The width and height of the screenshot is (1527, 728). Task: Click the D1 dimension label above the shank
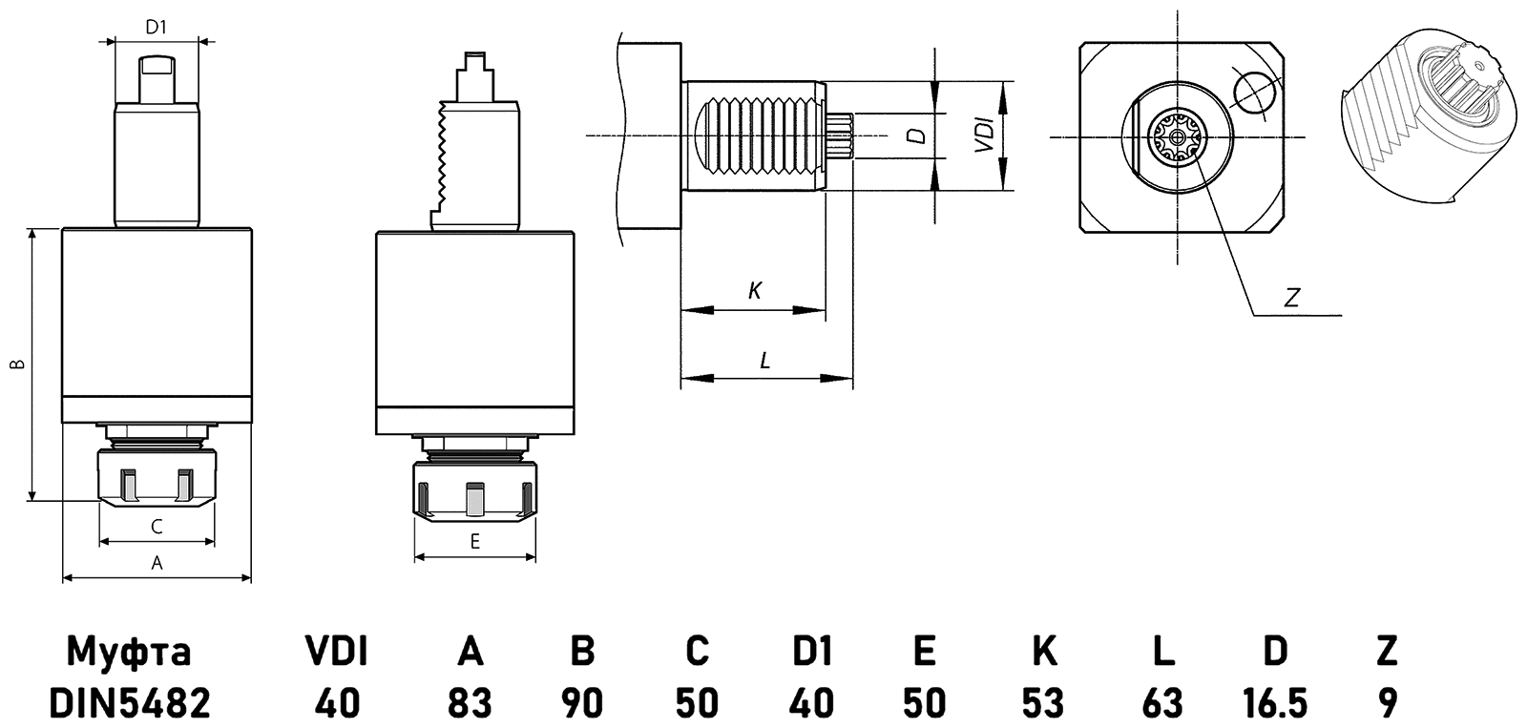[156, 28]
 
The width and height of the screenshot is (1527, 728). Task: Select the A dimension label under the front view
[157, 563]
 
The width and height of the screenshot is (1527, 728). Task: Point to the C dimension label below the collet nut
[157, 527]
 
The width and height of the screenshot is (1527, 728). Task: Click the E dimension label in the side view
[474, 542]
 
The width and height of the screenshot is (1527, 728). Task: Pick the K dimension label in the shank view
[754, 291]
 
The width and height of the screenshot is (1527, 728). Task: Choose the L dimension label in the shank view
[764, 361]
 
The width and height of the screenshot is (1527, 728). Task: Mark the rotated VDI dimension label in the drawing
[984, 136]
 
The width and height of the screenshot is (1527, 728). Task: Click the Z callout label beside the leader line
[1292, 298]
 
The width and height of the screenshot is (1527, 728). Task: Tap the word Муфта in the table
[129, 652]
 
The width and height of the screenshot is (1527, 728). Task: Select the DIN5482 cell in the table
[129, 704]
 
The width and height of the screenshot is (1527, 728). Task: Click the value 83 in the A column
[470, 704]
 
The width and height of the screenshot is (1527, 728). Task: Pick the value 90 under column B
[582, 704]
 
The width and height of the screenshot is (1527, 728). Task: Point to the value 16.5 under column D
[1275, 704]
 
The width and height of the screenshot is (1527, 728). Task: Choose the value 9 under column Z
[1388, 704]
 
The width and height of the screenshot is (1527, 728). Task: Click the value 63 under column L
[1161, 704]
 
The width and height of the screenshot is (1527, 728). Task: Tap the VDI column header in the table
[337, 652]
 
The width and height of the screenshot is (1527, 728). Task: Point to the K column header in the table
[1044, 652]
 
